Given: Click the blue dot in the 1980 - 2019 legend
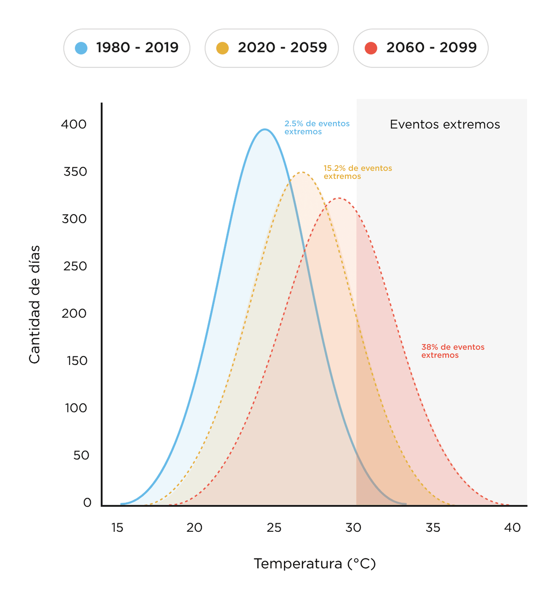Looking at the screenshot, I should (81, 48).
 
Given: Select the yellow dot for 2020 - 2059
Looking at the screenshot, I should (222, 48).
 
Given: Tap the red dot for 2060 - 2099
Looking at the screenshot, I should (371, 48).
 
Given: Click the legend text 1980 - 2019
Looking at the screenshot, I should (137, 48).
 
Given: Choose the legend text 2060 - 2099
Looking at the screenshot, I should (431, 48).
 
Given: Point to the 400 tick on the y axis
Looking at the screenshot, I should (74, 124).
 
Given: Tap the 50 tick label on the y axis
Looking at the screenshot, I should (81, 455).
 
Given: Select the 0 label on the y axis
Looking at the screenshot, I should (87, 503).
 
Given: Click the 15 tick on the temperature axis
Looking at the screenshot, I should (117, 528).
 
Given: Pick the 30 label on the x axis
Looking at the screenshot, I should (353, 528).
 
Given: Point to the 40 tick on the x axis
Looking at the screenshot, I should (512, 528).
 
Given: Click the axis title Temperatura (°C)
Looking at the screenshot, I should (315, 564).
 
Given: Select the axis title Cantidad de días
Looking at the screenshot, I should (34, 304).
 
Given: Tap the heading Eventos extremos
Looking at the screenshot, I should (445, 124).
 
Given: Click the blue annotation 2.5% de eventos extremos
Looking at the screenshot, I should (317, 128).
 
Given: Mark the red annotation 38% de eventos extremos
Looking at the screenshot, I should (453, 351).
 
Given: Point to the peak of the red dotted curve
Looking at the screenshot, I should (339, 198).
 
